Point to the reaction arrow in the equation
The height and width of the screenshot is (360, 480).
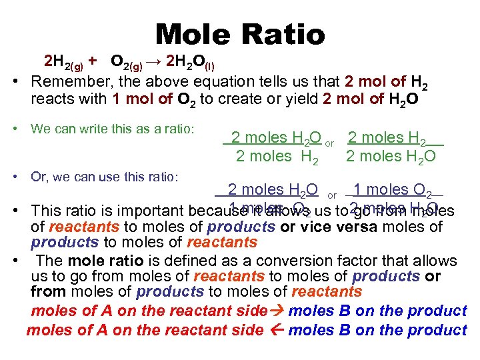tap(154, 62)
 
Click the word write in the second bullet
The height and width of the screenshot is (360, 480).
tap(84, 127)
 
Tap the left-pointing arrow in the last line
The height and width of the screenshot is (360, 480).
tap(275, 329)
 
